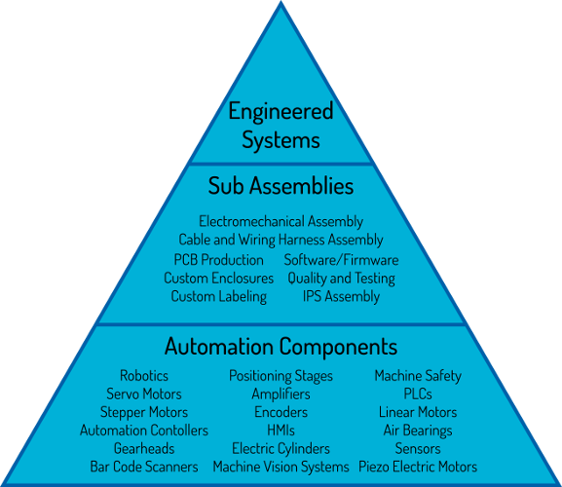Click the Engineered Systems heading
281,125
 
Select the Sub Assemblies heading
281,186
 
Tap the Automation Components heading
281,346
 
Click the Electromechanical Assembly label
281,221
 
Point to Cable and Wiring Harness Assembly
281,240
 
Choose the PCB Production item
218,260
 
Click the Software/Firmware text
341,260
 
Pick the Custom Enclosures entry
218,279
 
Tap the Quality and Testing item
341,279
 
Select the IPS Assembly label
341,297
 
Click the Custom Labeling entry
218,297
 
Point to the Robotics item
144,376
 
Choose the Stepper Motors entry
144,412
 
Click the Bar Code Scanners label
144,467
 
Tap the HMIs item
281,431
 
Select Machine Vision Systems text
281,467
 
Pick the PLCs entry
418,393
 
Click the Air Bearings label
418,431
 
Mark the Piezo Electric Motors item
418,467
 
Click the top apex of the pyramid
281,1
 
